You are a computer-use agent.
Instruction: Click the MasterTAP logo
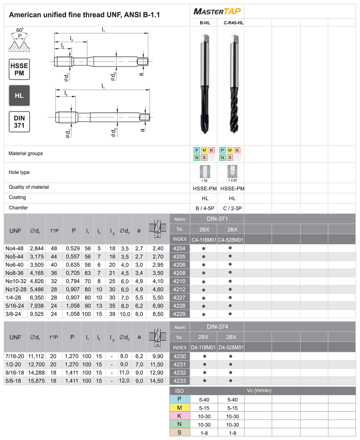[x=217, y=11]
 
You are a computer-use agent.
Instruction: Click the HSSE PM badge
[x=19, y=69]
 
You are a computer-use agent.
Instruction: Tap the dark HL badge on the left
[x=19, y=96]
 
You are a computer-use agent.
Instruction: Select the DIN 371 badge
[x=19, y=122]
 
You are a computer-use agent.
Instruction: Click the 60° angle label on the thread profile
[x=20, y=30]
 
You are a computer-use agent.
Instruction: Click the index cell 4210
[x=179, y=281]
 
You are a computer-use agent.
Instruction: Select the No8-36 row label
[x=15, y=273]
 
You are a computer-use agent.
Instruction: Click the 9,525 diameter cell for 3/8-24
[x=37, y=314]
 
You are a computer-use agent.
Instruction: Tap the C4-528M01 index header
[x=231, y=240]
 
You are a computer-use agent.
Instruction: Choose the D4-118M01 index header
[x=203, y=348]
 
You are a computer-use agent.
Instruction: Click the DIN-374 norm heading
[x=217, y=327]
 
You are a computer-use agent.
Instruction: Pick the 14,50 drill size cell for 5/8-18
[x=158, y=381]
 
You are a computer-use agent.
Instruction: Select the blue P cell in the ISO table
[x=179, y=399]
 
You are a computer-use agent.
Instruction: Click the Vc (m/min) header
[x=259, y=391]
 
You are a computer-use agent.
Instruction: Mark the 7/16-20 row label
[x=15, y=356]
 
